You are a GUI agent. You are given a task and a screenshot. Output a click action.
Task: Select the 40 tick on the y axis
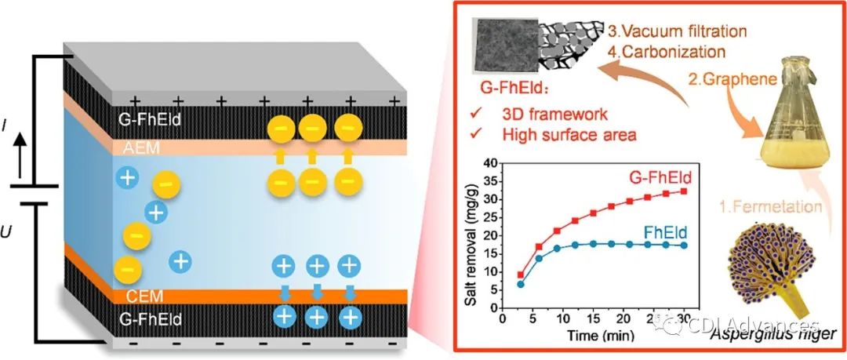pyautogui.click(x=490, y=163)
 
